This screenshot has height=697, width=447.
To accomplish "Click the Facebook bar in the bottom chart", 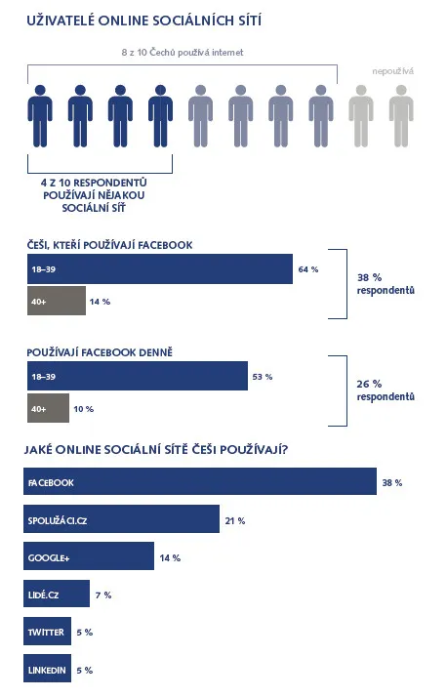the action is (x=200, y=481).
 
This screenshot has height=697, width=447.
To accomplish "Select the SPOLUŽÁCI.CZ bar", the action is (x=121, y=518).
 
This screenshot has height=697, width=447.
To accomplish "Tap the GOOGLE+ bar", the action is (x=89, y=556).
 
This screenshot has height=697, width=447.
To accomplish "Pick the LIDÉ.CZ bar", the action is (x=57, y=594).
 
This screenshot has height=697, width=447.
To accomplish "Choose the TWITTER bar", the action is (x=47, y=632).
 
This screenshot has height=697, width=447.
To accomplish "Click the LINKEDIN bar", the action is (x=47, y=669).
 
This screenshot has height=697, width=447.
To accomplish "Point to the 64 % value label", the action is (x=308, y=269).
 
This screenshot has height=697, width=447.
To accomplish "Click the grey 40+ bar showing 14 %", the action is (x=57, y=301).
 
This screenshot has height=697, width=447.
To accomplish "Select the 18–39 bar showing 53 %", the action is (x=138, y=376).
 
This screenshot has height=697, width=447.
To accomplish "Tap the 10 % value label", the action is (x=84, y=409).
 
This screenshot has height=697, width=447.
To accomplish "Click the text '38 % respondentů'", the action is (x=386, y=284).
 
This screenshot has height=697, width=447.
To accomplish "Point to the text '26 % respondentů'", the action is (x=386, y=389).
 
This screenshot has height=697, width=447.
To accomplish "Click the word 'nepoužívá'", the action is (x=392, y=71).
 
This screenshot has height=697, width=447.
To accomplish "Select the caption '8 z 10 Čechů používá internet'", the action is (x=183, y=53).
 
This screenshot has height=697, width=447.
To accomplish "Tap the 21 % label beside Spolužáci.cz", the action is (x=235, y=520).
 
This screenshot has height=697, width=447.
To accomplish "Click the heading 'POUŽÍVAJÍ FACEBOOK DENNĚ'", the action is (x=100, y=352).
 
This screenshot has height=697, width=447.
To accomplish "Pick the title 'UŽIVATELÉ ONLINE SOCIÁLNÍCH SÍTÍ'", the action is (x=144, y=20).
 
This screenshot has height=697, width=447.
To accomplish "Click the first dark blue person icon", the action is (x=40, y=116).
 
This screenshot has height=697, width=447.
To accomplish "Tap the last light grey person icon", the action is (x=401, y=116).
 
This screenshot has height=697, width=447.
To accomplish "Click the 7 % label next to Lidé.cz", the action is (x=103, y=594).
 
